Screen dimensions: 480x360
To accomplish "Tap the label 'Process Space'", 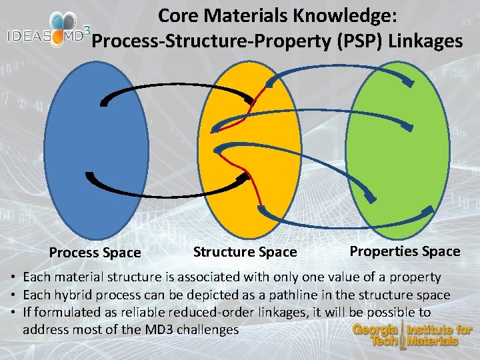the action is (95, 253).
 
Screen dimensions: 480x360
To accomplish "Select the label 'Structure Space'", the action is (245, 252).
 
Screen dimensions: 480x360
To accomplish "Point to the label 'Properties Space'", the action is (405, 251).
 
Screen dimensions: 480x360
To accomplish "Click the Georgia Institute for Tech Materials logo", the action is (411, 335).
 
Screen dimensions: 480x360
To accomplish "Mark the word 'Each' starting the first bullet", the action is (35, 277).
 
